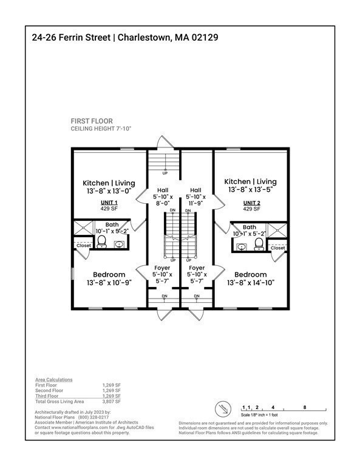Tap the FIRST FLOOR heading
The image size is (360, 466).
92,121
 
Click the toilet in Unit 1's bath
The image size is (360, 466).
101,243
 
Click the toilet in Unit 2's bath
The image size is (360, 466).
259,244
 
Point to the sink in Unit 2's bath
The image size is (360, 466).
241,247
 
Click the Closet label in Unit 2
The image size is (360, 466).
277,248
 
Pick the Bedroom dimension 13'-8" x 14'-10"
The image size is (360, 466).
251,283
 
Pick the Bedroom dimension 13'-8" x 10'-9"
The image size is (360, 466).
109,283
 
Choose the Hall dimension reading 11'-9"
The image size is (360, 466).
197,204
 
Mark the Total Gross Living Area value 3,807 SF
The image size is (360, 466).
112,402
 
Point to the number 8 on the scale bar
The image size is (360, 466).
304,407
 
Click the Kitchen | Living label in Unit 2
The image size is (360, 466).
251,181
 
